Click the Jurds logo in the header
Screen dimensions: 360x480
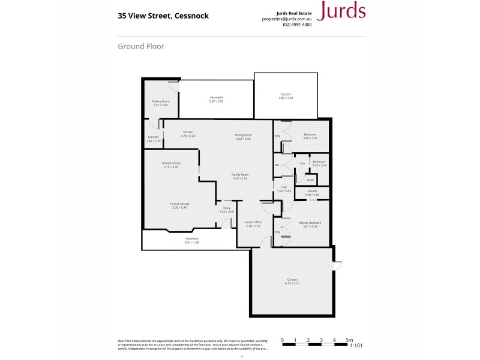341,11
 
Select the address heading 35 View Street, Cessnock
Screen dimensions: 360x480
163,16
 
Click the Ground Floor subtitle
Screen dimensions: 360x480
141,46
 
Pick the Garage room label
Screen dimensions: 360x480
292,280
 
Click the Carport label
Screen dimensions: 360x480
286,94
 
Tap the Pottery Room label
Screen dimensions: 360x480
160,101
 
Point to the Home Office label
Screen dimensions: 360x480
253,222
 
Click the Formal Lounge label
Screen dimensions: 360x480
180,204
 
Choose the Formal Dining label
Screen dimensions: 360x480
171,163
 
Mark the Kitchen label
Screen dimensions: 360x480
188,132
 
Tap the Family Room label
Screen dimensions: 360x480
240,175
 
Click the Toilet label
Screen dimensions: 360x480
310,179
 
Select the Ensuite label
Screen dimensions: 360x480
312,191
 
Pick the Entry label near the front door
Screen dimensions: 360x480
226,208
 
